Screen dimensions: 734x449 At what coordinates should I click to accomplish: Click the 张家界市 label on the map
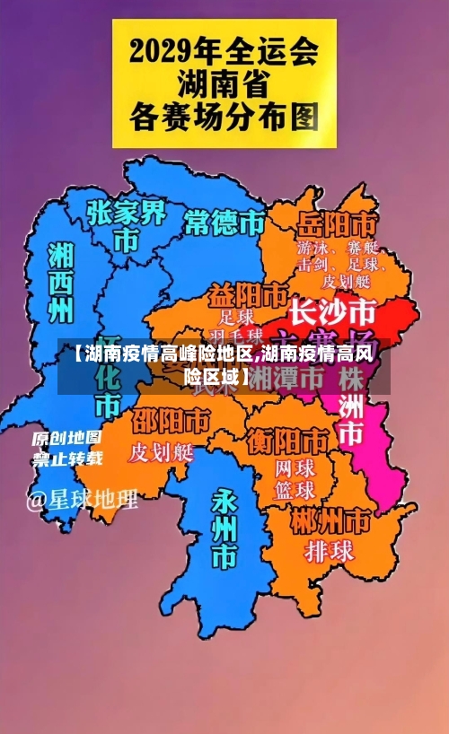click(x=127, y=225)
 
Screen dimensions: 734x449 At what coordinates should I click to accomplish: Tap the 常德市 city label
click(x=225, y=222)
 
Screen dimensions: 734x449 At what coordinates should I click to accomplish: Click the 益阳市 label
click(x=249, y=295)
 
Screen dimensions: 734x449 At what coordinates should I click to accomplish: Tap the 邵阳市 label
click(x=172, y=421)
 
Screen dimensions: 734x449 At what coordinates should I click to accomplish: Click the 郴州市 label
click(x=330, y=520)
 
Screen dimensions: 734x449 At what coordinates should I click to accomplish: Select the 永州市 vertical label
click(x=223, y=529)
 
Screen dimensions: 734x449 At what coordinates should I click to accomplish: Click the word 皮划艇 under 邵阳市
click(x=162, y=451)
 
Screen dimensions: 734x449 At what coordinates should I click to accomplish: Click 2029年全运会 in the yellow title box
click(x=224, y=50)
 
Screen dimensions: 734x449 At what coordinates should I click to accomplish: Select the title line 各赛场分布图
click(x=224, y=116)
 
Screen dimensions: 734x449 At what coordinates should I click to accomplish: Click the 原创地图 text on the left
click(x=67, y=439)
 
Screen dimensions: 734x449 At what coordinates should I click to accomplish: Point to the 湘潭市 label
click(x=287, y=378)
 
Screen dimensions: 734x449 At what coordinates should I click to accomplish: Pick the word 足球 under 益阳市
click(x=237, y=317)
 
